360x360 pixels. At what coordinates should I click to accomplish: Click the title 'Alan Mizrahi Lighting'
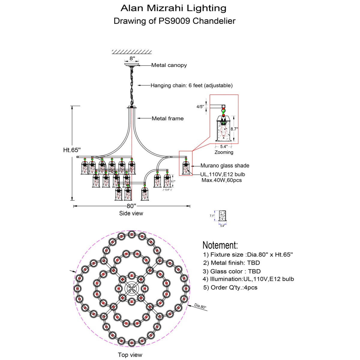[173, 8]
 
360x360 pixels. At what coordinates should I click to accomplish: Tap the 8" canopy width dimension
[132, 58]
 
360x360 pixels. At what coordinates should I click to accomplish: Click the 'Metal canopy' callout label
[169, 65]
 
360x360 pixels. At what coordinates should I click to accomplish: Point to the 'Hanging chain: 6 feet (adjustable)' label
[191, 85]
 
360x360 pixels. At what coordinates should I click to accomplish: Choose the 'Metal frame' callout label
[167, 118]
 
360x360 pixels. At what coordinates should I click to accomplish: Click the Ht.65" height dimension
[72, 150]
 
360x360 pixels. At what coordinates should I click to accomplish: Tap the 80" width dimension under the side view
[131, 206]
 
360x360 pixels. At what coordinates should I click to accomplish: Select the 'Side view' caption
[131, 213]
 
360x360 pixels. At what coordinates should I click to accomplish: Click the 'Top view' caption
[130, 355]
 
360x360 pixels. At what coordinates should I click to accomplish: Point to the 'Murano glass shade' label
[225, 166]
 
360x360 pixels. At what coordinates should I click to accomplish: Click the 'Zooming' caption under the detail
[224, 152]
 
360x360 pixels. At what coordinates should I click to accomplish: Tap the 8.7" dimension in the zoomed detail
[234, 129]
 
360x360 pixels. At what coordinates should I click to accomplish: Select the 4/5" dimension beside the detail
[200, 106]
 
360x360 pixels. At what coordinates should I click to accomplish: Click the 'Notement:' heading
[220, 245]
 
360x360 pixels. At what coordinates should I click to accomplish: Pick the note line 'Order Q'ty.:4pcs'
[230, 287]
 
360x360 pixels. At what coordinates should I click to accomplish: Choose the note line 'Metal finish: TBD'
[232, 263]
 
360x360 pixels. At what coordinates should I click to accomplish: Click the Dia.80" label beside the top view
[200, 307]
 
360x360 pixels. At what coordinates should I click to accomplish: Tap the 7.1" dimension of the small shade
[212, 216]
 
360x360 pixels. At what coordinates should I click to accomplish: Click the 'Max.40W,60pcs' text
[221, 180]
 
